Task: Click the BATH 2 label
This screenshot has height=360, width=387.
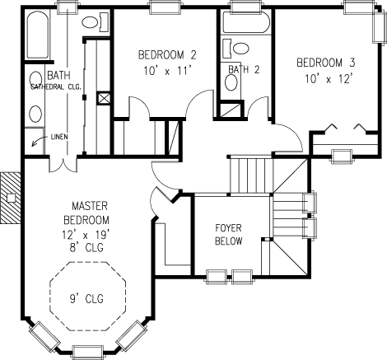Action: coord(244,68)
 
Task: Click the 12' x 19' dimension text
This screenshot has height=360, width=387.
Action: coord(86,234)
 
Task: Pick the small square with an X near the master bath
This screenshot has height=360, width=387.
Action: coord(105,96)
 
